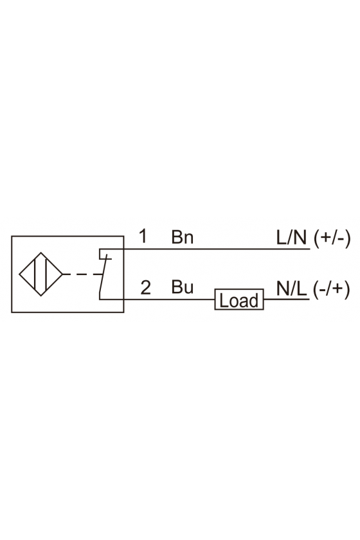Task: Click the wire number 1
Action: [143, 237]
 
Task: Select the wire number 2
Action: [146, 287]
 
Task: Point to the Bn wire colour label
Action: [182, 237]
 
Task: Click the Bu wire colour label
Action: [182, 287]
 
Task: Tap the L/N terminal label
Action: [291, 237]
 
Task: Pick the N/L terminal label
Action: [291, 288]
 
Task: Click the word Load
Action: [239, 300]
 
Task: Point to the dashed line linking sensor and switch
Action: [83, 274]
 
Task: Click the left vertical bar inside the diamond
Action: [35, 274]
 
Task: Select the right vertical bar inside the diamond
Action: [46, 274]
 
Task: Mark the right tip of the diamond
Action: [63, 274]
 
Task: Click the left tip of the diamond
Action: [19, 274]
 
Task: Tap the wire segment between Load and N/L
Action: [287, 299]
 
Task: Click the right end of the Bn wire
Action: [310, 249]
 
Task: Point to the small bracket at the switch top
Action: [100, 254]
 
